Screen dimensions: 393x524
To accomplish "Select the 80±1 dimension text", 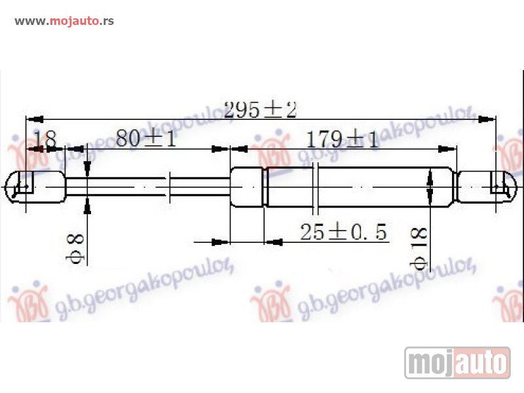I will [145, 140].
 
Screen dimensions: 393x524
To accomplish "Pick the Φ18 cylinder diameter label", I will [419, 249].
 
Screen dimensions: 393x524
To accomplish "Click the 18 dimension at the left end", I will [45, 139].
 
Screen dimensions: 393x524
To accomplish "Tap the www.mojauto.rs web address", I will [64, 20].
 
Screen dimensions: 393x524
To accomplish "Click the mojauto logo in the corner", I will [457, 362].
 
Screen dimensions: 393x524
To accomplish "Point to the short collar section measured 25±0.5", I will [247, 187].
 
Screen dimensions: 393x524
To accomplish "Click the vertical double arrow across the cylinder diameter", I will [430, 187].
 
